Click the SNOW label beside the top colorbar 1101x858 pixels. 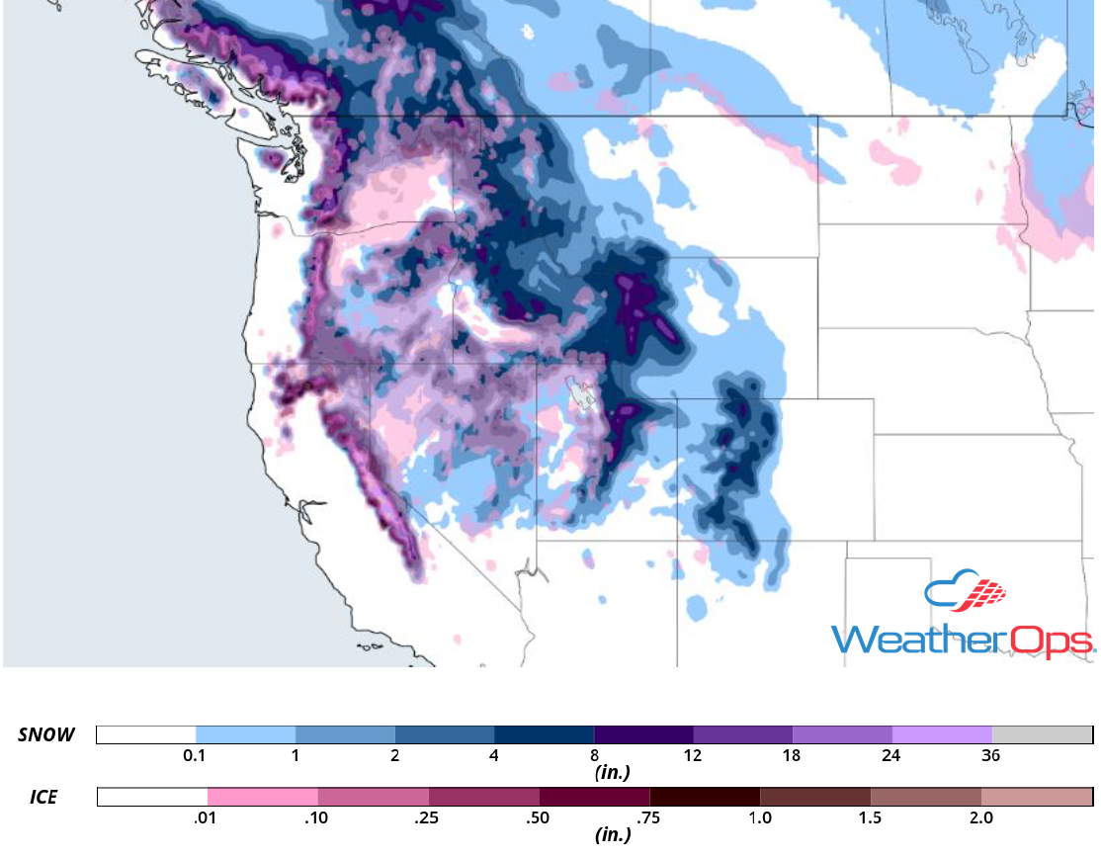(x=45, y=734)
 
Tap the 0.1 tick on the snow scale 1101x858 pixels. (x=195, y=756)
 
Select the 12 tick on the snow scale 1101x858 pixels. (x=692, y=756)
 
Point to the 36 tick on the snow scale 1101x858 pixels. (x=991, y=756)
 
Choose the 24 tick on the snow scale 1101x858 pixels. (x=891, y=756)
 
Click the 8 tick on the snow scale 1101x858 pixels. (x=593, y=756)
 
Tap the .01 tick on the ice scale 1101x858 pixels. (x=208, y=818)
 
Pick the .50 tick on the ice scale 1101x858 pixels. (x=539, y=818)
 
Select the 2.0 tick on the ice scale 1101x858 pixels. (x=980, y=818)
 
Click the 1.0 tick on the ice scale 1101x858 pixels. (x=759, y=818)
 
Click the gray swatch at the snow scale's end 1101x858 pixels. (x=1042, y=734)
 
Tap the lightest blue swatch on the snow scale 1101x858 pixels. (x=245, y=734)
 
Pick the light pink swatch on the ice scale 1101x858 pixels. (x=263, y=797)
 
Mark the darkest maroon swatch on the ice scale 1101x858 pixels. (x=705, y=797)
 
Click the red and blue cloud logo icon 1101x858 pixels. (x=966, y=592)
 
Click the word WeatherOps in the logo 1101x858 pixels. (x=963, y=640)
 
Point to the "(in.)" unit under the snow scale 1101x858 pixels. (x=612, y=772)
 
